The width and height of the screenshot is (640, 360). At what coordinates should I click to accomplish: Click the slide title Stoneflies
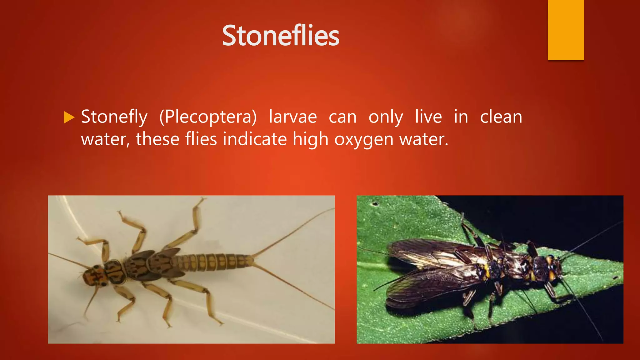[280, 36]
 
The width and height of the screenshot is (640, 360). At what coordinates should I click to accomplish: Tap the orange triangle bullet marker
[69, 117]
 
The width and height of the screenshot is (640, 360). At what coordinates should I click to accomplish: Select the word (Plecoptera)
[208, 117]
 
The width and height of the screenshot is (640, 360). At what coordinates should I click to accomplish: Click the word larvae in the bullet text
[293, 117]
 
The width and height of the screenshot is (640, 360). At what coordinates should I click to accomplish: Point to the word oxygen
[364, 139]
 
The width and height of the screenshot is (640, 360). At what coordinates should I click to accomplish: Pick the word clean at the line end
[501, 117]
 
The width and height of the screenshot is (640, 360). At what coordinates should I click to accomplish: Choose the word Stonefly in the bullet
[114, 117]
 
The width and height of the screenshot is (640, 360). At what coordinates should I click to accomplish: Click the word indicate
[255, 139]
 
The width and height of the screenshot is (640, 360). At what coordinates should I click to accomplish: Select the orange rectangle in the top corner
[566, 30]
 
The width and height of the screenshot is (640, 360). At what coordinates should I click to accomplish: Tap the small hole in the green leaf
[375, 204]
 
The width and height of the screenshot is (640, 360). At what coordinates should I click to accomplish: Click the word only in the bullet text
[386, 117]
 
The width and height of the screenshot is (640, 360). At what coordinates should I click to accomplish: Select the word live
[428, 117]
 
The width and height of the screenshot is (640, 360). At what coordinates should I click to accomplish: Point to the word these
[157, 139]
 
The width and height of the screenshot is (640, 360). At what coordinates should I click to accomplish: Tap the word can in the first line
[342, 117]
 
